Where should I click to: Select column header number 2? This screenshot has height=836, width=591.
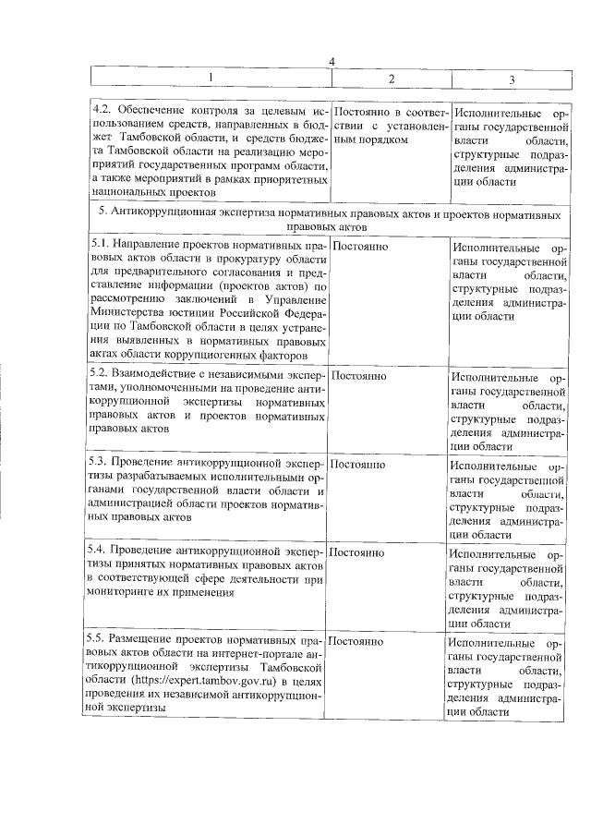pos(392,78)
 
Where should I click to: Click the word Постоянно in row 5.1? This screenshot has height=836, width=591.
pos(358,247)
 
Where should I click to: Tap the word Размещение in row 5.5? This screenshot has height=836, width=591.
pos(148,639)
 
